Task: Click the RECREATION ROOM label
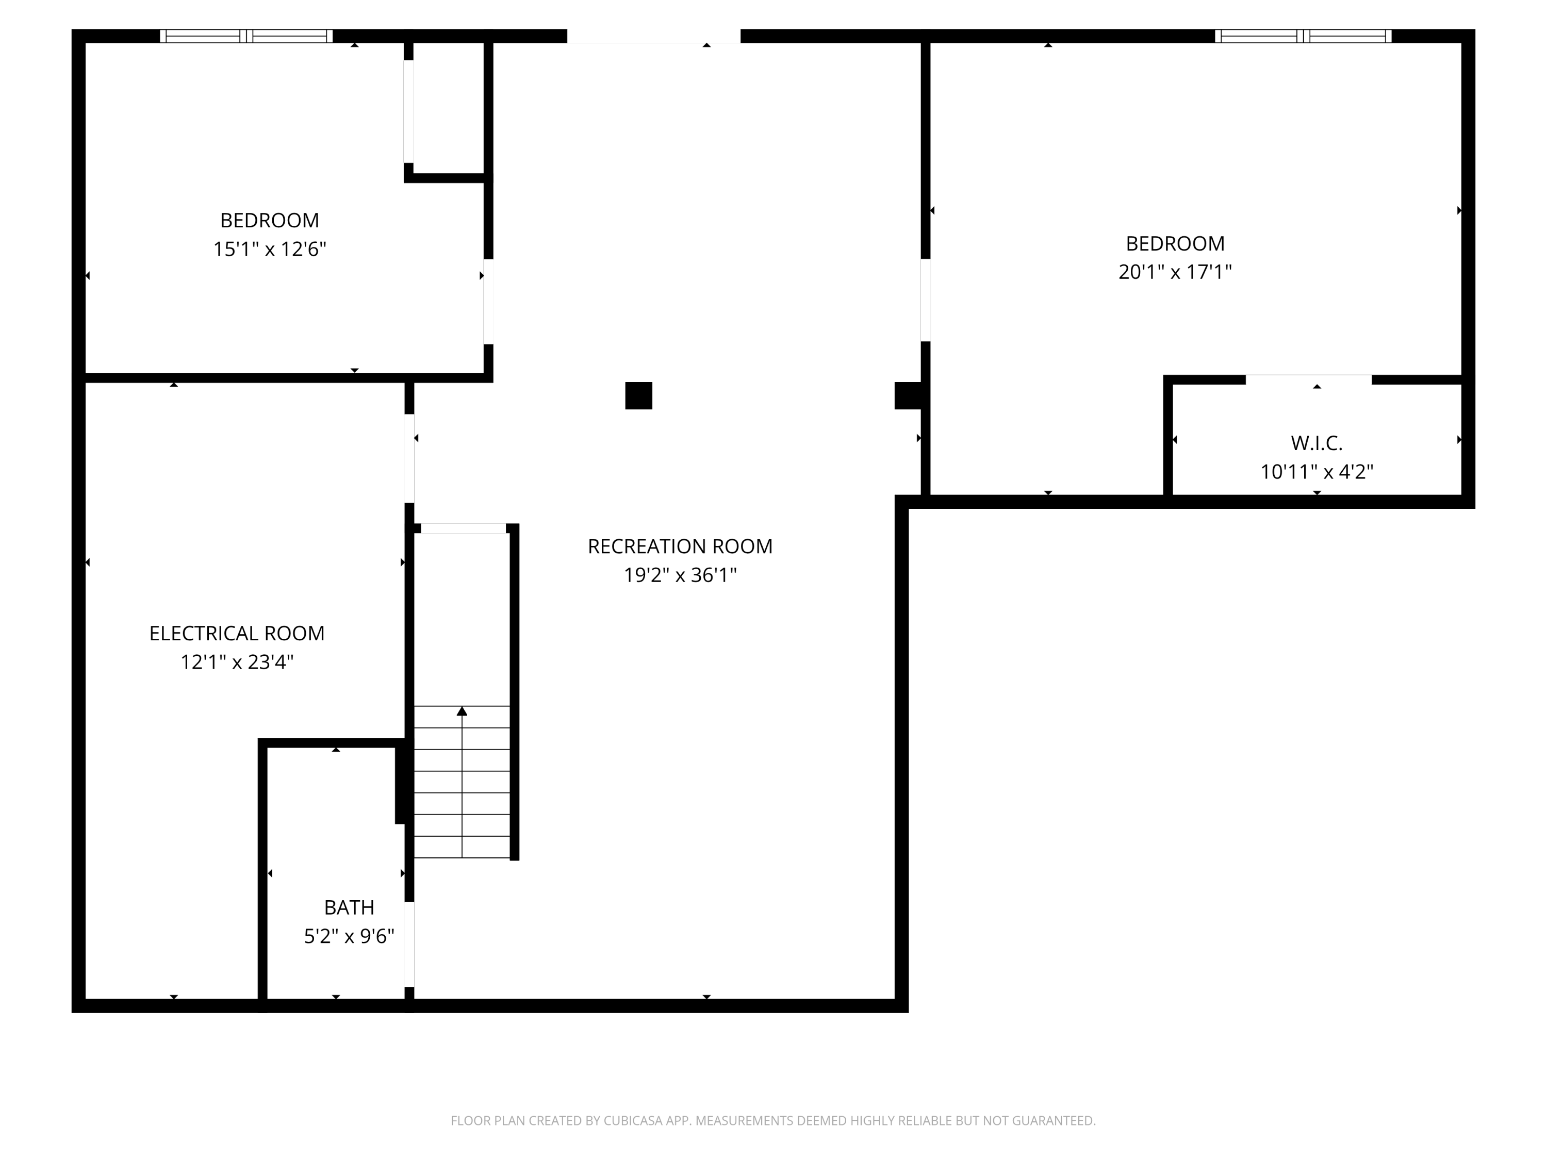tap(680, 546)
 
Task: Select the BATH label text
tap(349, 907)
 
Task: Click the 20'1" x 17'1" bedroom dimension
tap(1175, 272)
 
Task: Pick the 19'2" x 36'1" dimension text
tap(680, 575)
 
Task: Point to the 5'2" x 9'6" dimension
tap(349, 936)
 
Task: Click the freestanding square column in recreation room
tap(638, 396)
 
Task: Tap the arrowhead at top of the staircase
tap(462, 711)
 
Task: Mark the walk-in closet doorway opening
tap(1309, 379)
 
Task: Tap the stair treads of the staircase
tap(462, 782)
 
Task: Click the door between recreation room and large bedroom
tap(925, 300)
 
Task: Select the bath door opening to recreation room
tap(409, 944)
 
